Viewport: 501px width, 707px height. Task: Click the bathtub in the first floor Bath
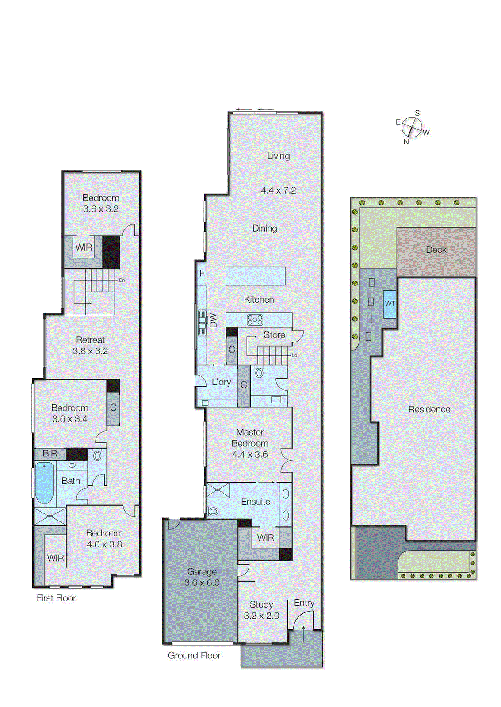tap(44, 483)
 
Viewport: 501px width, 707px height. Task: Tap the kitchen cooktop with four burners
tap(255, 319)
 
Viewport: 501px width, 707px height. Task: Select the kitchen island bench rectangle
tap(255, 276)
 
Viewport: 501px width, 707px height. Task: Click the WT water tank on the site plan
tap(390, 304)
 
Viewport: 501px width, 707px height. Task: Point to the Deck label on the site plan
tap(436, 250)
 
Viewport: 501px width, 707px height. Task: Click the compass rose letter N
tap(406, 142)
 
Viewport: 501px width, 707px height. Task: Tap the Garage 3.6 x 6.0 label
tap(202, 577)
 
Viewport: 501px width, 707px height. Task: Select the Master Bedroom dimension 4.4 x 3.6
tap(250, 454)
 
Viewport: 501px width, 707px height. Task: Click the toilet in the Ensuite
tap(213, 511)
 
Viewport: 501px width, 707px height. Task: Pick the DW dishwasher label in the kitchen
tap(214, 320)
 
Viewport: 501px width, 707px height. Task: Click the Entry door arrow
tap(304, 633)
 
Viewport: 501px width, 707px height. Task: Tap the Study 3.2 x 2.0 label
tap(261, 610)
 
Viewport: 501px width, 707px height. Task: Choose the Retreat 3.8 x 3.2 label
tap(90, 346)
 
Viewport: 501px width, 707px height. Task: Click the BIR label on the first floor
tap(50, 453)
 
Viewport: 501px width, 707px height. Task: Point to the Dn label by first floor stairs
tap(122, 280)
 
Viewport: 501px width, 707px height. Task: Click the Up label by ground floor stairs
tap(294, 355)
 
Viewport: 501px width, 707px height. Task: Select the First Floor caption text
tap(56, 598)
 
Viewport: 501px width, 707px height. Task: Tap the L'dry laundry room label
tap(221, 382)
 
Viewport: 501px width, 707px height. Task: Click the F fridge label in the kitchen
tap(202, 273)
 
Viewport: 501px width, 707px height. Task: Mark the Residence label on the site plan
tap(429, 409)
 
